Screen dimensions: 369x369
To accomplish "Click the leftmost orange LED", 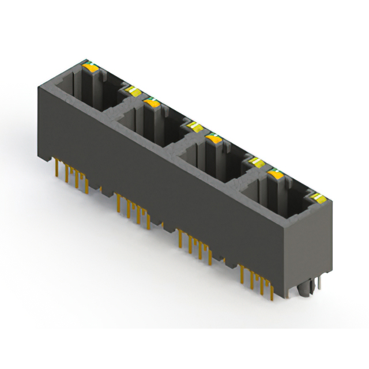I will point(91,67).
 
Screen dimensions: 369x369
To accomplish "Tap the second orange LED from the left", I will point(152,103).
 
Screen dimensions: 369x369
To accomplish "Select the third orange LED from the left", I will point(214,138).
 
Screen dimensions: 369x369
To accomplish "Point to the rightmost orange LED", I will point(274,173).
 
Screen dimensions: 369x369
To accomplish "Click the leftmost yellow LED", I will point(132,90).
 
